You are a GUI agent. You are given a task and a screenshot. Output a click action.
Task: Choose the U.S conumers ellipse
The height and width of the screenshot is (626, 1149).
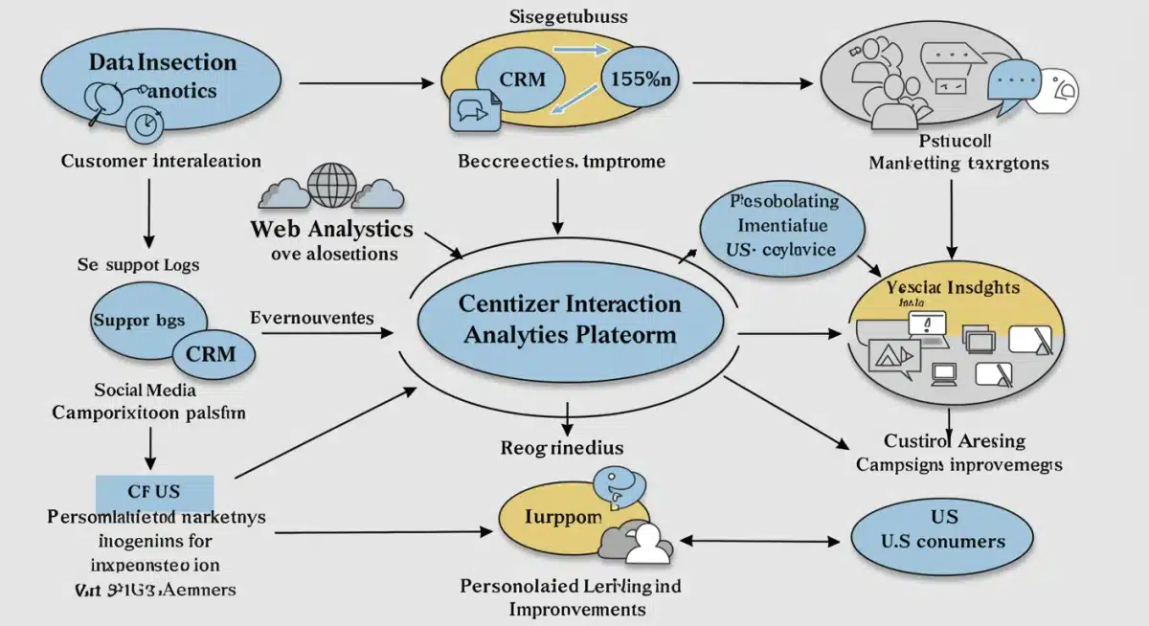click(942, 531)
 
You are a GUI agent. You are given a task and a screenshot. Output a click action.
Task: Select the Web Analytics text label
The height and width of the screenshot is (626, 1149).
click(331, 230)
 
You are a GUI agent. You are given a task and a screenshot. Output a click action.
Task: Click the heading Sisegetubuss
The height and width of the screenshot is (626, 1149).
click(556, 16)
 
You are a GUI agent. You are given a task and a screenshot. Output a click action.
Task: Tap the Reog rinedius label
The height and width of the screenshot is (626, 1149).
click(562, 446)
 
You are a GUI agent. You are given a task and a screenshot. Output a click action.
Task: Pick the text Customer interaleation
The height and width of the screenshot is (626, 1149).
click(161, 161)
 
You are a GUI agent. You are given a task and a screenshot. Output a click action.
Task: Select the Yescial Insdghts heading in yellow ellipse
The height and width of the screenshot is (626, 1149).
click(953, 287)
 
